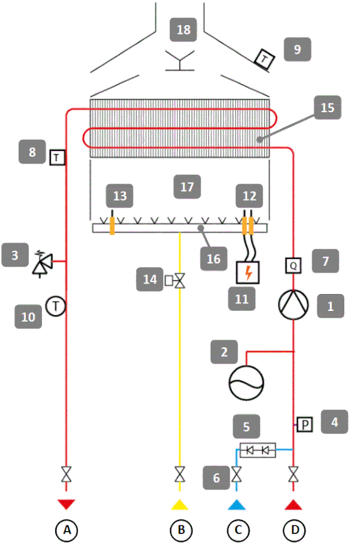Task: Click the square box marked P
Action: point(304,424)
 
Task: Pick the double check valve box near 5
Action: point(258,450)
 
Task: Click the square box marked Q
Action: point(293,266)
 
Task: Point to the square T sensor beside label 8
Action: point(57,157)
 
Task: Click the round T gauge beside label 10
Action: point(56,306)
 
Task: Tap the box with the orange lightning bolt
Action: point(248,272)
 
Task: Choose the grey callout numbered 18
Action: point(183,30)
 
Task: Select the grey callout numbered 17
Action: point(187,187)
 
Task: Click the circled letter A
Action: point(66,530)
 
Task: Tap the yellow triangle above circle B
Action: point(179,504)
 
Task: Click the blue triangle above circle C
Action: point(236,504)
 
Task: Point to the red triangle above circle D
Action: point(294,504)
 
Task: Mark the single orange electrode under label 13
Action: point(112,224)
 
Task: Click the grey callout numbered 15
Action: point(327,108)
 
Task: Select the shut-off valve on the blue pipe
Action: point(236,474)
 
